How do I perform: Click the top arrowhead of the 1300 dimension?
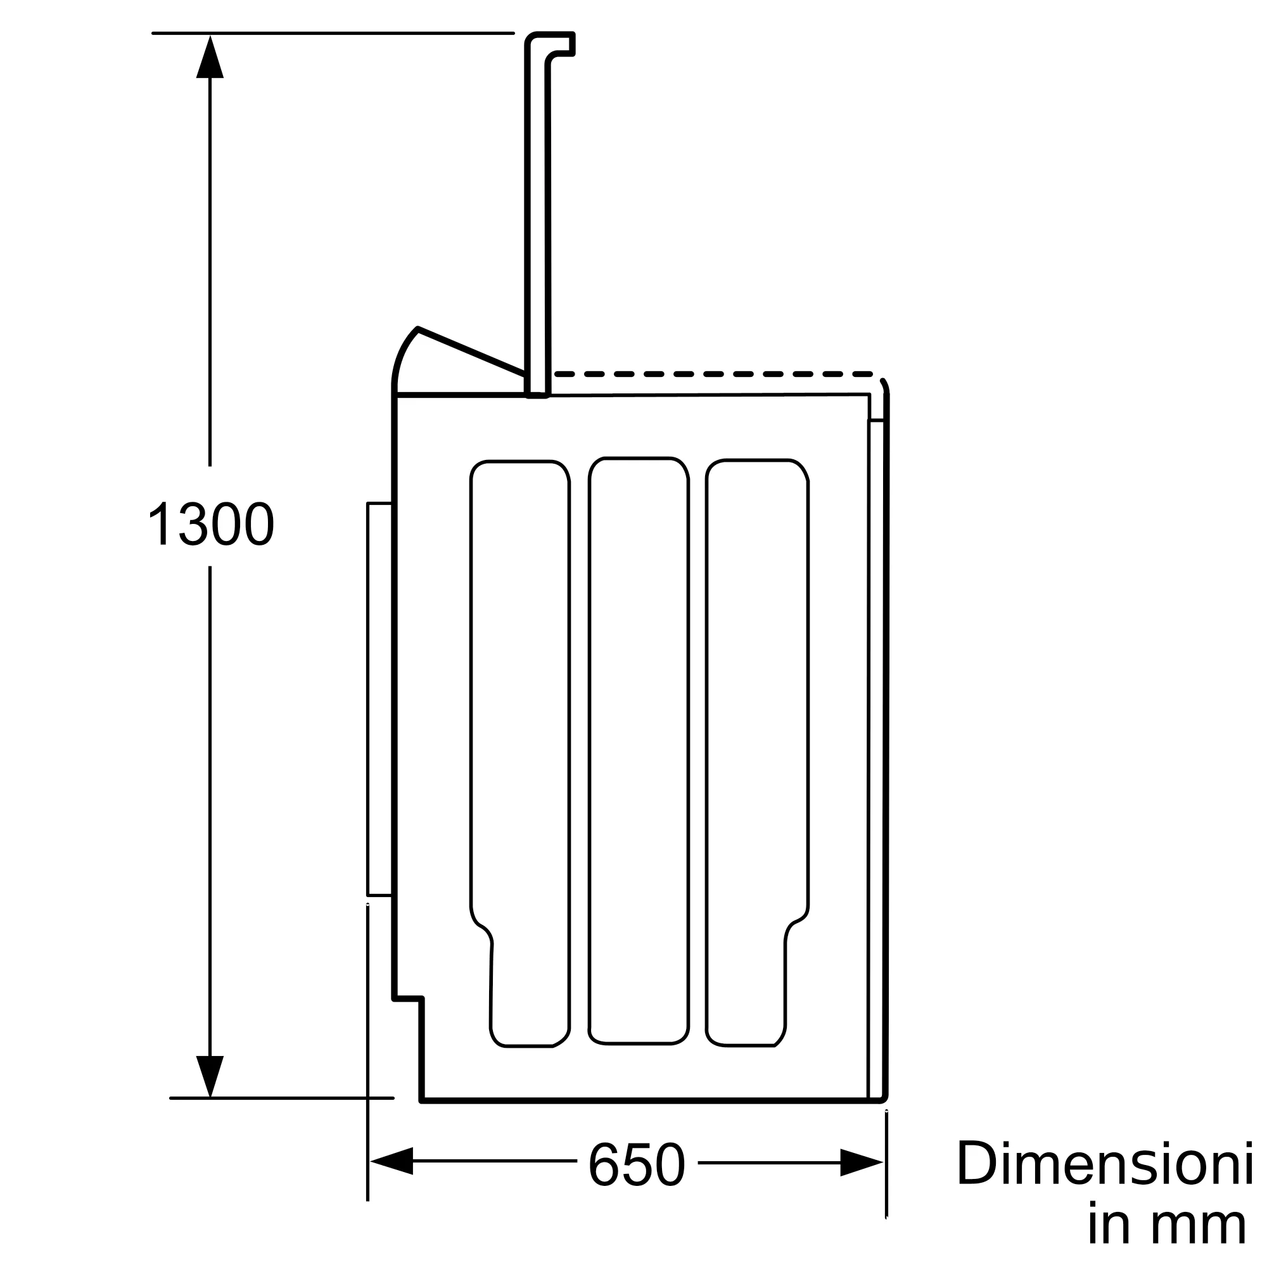point(210,56)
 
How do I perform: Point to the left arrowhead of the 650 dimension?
point(392,1161)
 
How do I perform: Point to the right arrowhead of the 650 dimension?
point(862,1162)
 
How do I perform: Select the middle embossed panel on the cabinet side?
point(639,750)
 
